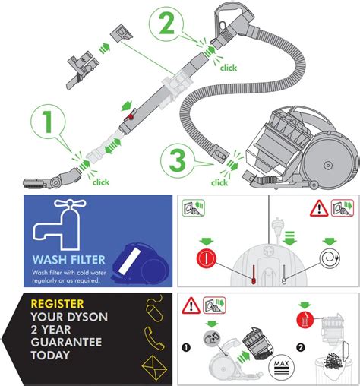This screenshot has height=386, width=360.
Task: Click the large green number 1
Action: (47, 122)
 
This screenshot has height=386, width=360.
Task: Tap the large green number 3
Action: (178, 161)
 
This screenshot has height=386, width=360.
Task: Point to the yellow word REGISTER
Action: (57, 304)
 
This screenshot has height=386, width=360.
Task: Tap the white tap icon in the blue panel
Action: (59, 224)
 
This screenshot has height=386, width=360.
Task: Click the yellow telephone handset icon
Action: (154, 338)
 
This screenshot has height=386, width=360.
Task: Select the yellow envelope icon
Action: (154, 368)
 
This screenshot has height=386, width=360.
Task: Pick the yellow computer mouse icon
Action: (154, 309)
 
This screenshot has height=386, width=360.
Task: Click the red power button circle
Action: (207, 258)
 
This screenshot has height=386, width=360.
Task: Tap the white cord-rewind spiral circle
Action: (330, 258)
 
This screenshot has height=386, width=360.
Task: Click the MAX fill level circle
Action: (282, 367)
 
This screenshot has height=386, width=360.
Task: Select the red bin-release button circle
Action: (305, 320)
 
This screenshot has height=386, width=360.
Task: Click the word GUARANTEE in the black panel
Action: (66, 343)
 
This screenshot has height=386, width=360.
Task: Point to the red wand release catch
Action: (131, 116)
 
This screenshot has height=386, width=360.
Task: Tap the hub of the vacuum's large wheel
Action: (328, 166)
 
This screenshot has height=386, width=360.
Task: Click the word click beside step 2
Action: (229, 68)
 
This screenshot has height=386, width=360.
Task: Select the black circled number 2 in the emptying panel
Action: (301, 347)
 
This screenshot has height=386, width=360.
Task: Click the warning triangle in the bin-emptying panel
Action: (191, 305)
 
